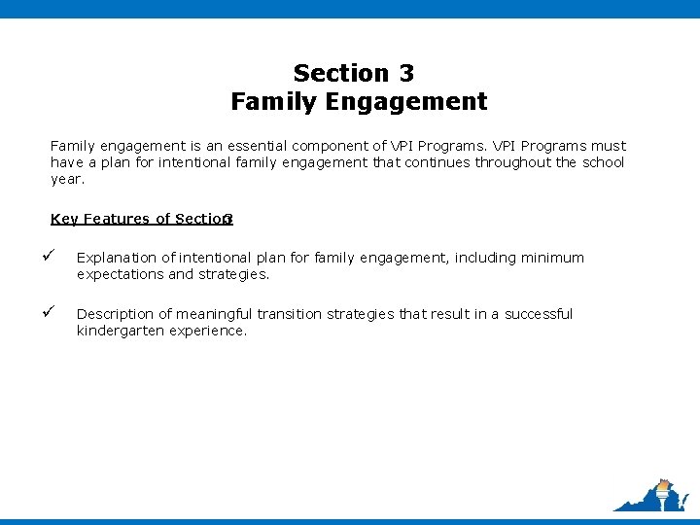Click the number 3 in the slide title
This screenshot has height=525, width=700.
tap(405, 73)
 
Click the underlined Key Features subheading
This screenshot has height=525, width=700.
tap(141, 219)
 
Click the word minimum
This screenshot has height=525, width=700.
tap(552, 258)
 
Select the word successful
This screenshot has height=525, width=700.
tap(539, 314)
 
